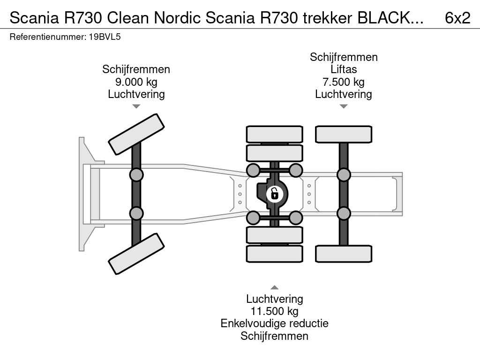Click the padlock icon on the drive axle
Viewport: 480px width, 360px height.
tap(275, 193)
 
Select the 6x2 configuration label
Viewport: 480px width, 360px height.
tap(457, 18)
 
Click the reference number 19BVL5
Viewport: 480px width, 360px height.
tap(105, 37)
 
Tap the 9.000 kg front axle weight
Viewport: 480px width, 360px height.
tap(136, 82)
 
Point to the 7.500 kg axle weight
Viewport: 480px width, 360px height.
tap(344, 82)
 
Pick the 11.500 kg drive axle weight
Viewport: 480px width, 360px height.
tap(275, 311)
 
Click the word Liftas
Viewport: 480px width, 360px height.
tap(344, 69)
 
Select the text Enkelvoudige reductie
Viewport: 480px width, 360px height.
tap(275, 323)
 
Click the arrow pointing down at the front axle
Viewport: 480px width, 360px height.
tap(136, 106)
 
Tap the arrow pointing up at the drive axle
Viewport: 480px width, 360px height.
tap(275, 287)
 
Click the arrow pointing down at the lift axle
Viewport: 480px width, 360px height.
tap(344, 106)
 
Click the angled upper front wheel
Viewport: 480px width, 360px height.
tap(136, 134)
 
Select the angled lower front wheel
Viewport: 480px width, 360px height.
tap(136, 254)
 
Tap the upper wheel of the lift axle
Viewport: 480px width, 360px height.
tap(344, 134)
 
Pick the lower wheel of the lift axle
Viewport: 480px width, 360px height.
tap(344, 254)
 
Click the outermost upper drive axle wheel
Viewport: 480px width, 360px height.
tap(275, 134)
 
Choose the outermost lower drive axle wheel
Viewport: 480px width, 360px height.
tap(275, 254)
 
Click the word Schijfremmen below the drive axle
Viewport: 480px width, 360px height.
tap(275, 336)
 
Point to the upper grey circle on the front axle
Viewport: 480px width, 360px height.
tap(136, 175)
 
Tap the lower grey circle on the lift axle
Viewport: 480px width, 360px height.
tap(344, 213)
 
